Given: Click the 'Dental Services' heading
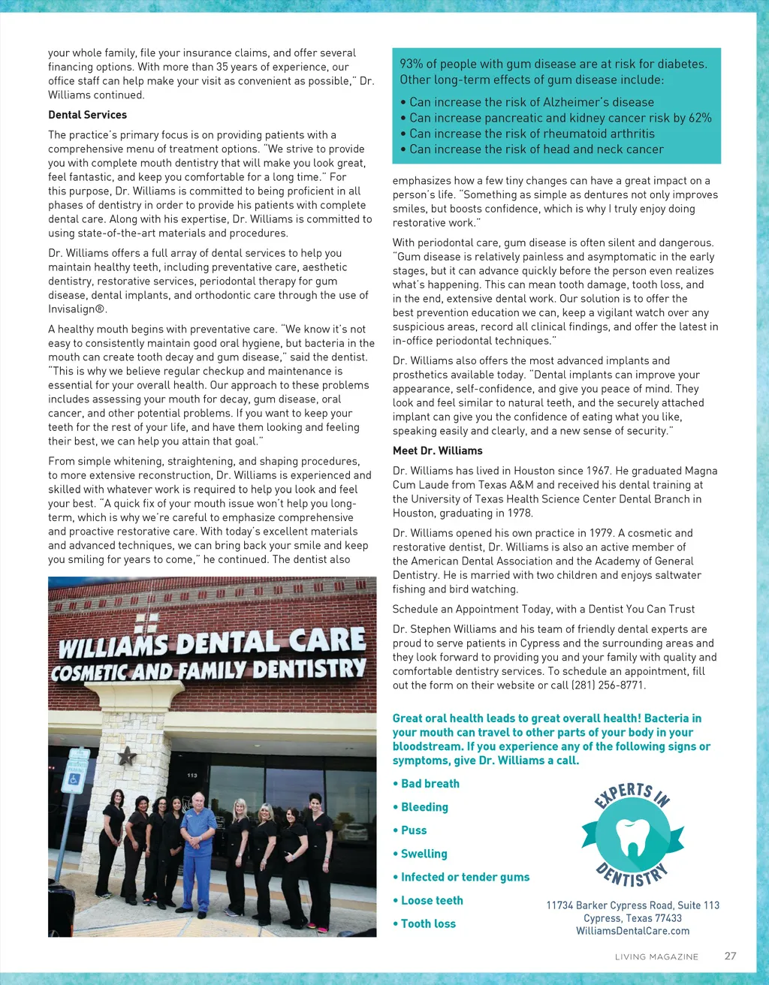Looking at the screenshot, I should coord(87,115).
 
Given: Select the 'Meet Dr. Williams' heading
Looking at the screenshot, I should coord(437,450).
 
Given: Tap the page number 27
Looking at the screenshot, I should coord(730,956).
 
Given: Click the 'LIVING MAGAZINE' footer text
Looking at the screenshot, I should coord(656,956).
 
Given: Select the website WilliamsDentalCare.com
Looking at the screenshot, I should coord(632,931).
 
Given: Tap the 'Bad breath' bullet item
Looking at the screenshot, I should coord(430,784).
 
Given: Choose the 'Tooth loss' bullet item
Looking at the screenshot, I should coord(428,923).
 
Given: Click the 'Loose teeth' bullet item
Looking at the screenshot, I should coord(432,900).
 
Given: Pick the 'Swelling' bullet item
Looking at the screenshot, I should coord(424,854).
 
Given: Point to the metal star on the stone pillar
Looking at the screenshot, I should coord(128,755).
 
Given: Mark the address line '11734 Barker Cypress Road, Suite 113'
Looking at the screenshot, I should coord(632,905).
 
